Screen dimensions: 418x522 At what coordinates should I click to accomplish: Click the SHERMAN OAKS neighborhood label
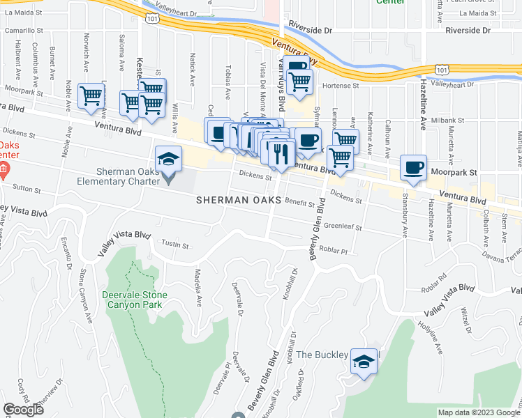click(238, 199)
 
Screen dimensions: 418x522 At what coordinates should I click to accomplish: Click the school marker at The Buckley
click(364, 361)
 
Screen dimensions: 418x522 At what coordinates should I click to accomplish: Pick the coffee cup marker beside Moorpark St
click(414, 167)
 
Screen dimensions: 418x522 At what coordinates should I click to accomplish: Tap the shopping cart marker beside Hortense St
click(299, 80)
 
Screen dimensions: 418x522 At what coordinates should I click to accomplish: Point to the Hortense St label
click(341, 86)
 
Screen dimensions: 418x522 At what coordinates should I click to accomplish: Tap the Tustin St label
click(176, 244)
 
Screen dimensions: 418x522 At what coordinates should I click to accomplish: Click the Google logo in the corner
click(23, 410)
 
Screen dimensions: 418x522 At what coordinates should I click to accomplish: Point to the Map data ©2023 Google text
click(478, 412)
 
